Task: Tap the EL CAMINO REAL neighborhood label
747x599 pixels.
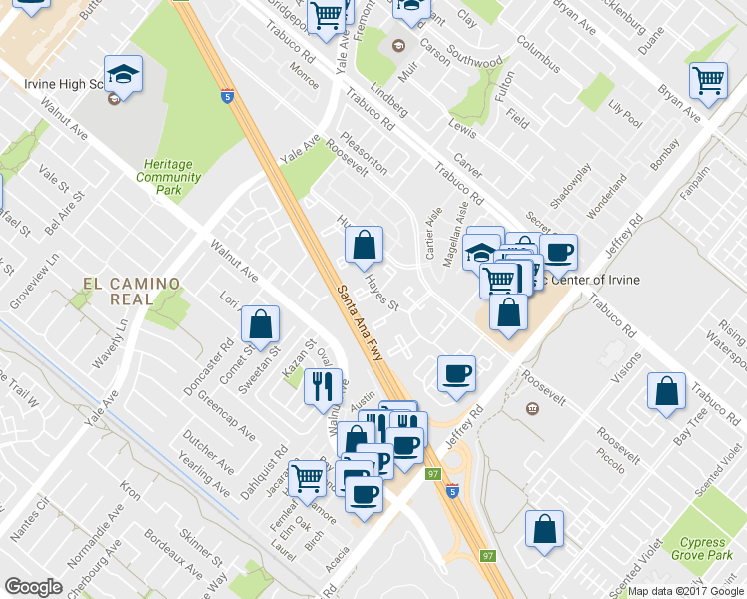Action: [132, 292]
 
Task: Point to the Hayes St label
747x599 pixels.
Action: [381, 293]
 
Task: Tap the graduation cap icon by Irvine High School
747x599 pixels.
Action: [123, 75]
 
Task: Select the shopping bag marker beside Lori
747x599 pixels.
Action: [260, 324]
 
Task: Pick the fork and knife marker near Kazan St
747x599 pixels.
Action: [322, 385]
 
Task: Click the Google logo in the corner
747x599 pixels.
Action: [32, 587]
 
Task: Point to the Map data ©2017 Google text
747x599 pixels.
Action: [686, 591]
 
